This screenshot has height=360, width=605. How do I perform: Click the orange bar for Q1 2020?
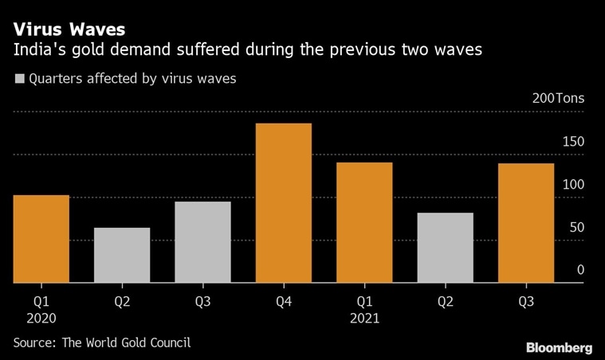(x=41, y=239)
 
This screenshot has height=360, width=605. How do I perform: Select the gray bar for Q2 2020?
(x=122, y=255)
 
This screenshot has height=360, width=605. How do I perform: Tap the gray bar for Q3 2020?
(x=202, y=242)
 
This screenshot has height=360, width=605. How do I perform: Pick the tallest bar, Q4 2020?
(x=283, y=203)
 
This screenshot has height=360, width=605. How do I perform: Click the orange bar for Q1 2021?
(x=364, y=222)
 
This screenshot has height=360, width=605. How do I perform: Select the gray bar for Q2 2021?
(x=445, y=248)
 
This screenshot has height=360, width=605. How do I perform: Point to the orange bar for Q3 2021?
(x=525, y=223)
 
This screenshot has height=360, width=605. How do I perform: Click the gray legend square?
(x=19, y=79)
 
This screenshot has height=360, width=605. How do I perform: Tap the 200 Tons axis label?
(x=558, y=100)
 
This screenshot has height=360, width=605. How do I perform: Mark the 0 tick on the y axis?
(x=580, y=271)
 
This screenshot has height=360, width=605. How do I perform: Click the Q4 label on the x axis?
(x=283, y=302)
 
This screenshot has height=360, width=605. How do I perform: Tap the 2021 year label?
(x=363, y=319)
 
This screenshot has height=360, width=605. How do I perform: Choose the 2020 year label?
(x=41, y=319)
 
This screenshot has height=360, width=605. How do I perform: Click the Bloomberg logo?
(x=559, y=348)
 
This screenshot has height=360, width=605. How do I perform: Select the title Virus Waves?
(x=69, y=29)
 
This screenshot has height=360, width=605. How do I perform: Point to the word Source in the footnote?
(x=35, y=343)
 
